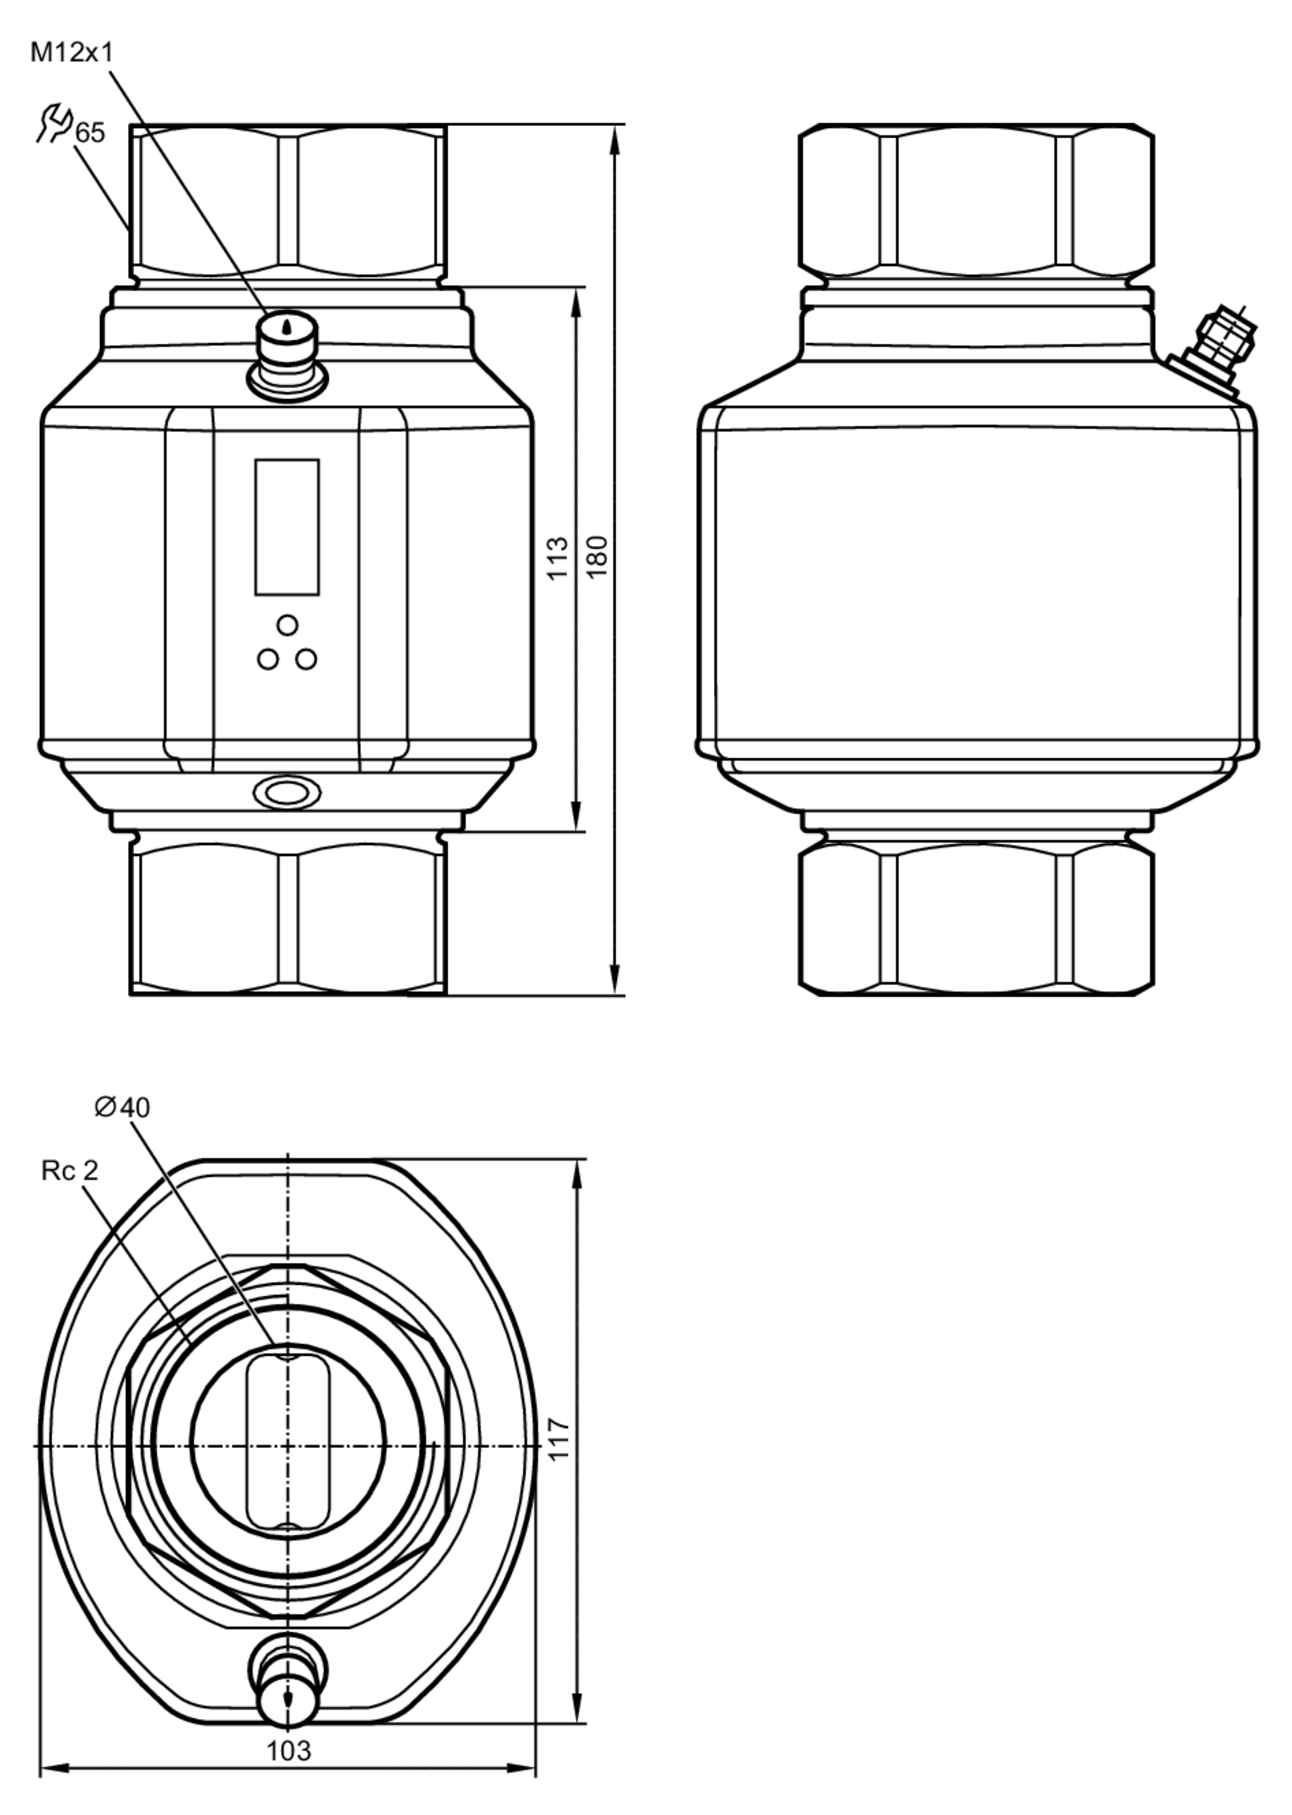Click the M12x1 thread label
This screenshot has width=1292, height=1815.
[x=72, y=52]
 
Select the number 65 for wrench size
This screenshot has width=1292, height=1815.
[x=90, y=132]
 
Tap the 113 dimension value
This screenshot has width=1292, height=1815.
[x=559, y=557]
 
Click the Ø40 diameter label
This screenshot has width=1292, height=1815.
[x=121, y=1107]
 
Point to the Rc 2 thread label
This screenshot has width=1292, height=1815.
[x=69, y=1171]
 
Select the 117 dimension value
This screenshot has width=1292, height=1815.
[x=559, y=1439]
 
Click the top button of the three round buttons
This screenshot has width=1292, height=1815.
[x=287, y=625]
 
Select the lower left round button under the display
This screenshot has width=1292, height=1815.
[x=268, y=659]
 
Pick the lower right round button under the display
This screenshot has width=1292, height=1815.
[x=306, y=659]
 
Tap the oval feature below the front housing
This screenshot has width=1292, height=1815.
[x=287, y=792]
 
